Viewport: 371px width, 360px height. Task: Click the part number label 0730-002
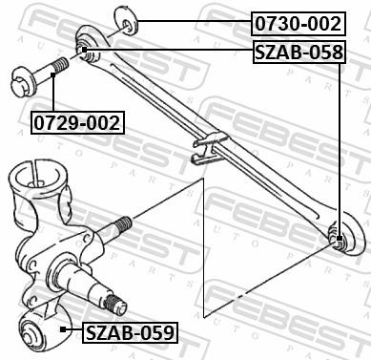tap(297, 22)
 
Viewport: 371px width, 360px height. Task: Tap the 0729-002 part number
tap(77, 122)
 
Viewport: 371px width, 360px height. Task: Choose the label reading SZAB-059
tap(130, 332)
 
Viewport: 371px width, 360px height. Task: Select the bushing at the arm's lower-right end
tap(338, 237)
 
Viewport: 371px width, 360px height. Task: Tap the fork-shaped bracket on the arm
tap(206, 147)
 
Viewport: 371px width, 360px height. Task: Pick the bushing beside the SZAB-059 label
tap(39, 330)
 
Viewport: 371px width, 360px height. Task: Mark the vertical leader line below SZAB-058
tap(340, 143)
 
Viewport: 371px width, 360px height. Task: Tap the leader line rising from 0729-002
tap(54, 95)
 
